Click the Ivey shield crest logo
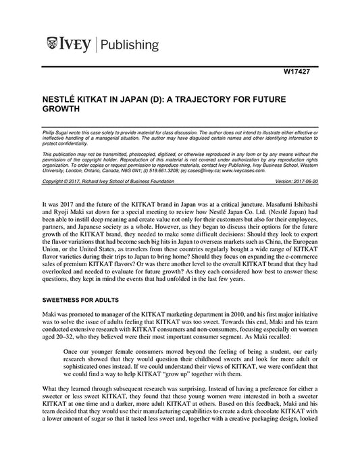52,45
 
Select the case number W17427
303,70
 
